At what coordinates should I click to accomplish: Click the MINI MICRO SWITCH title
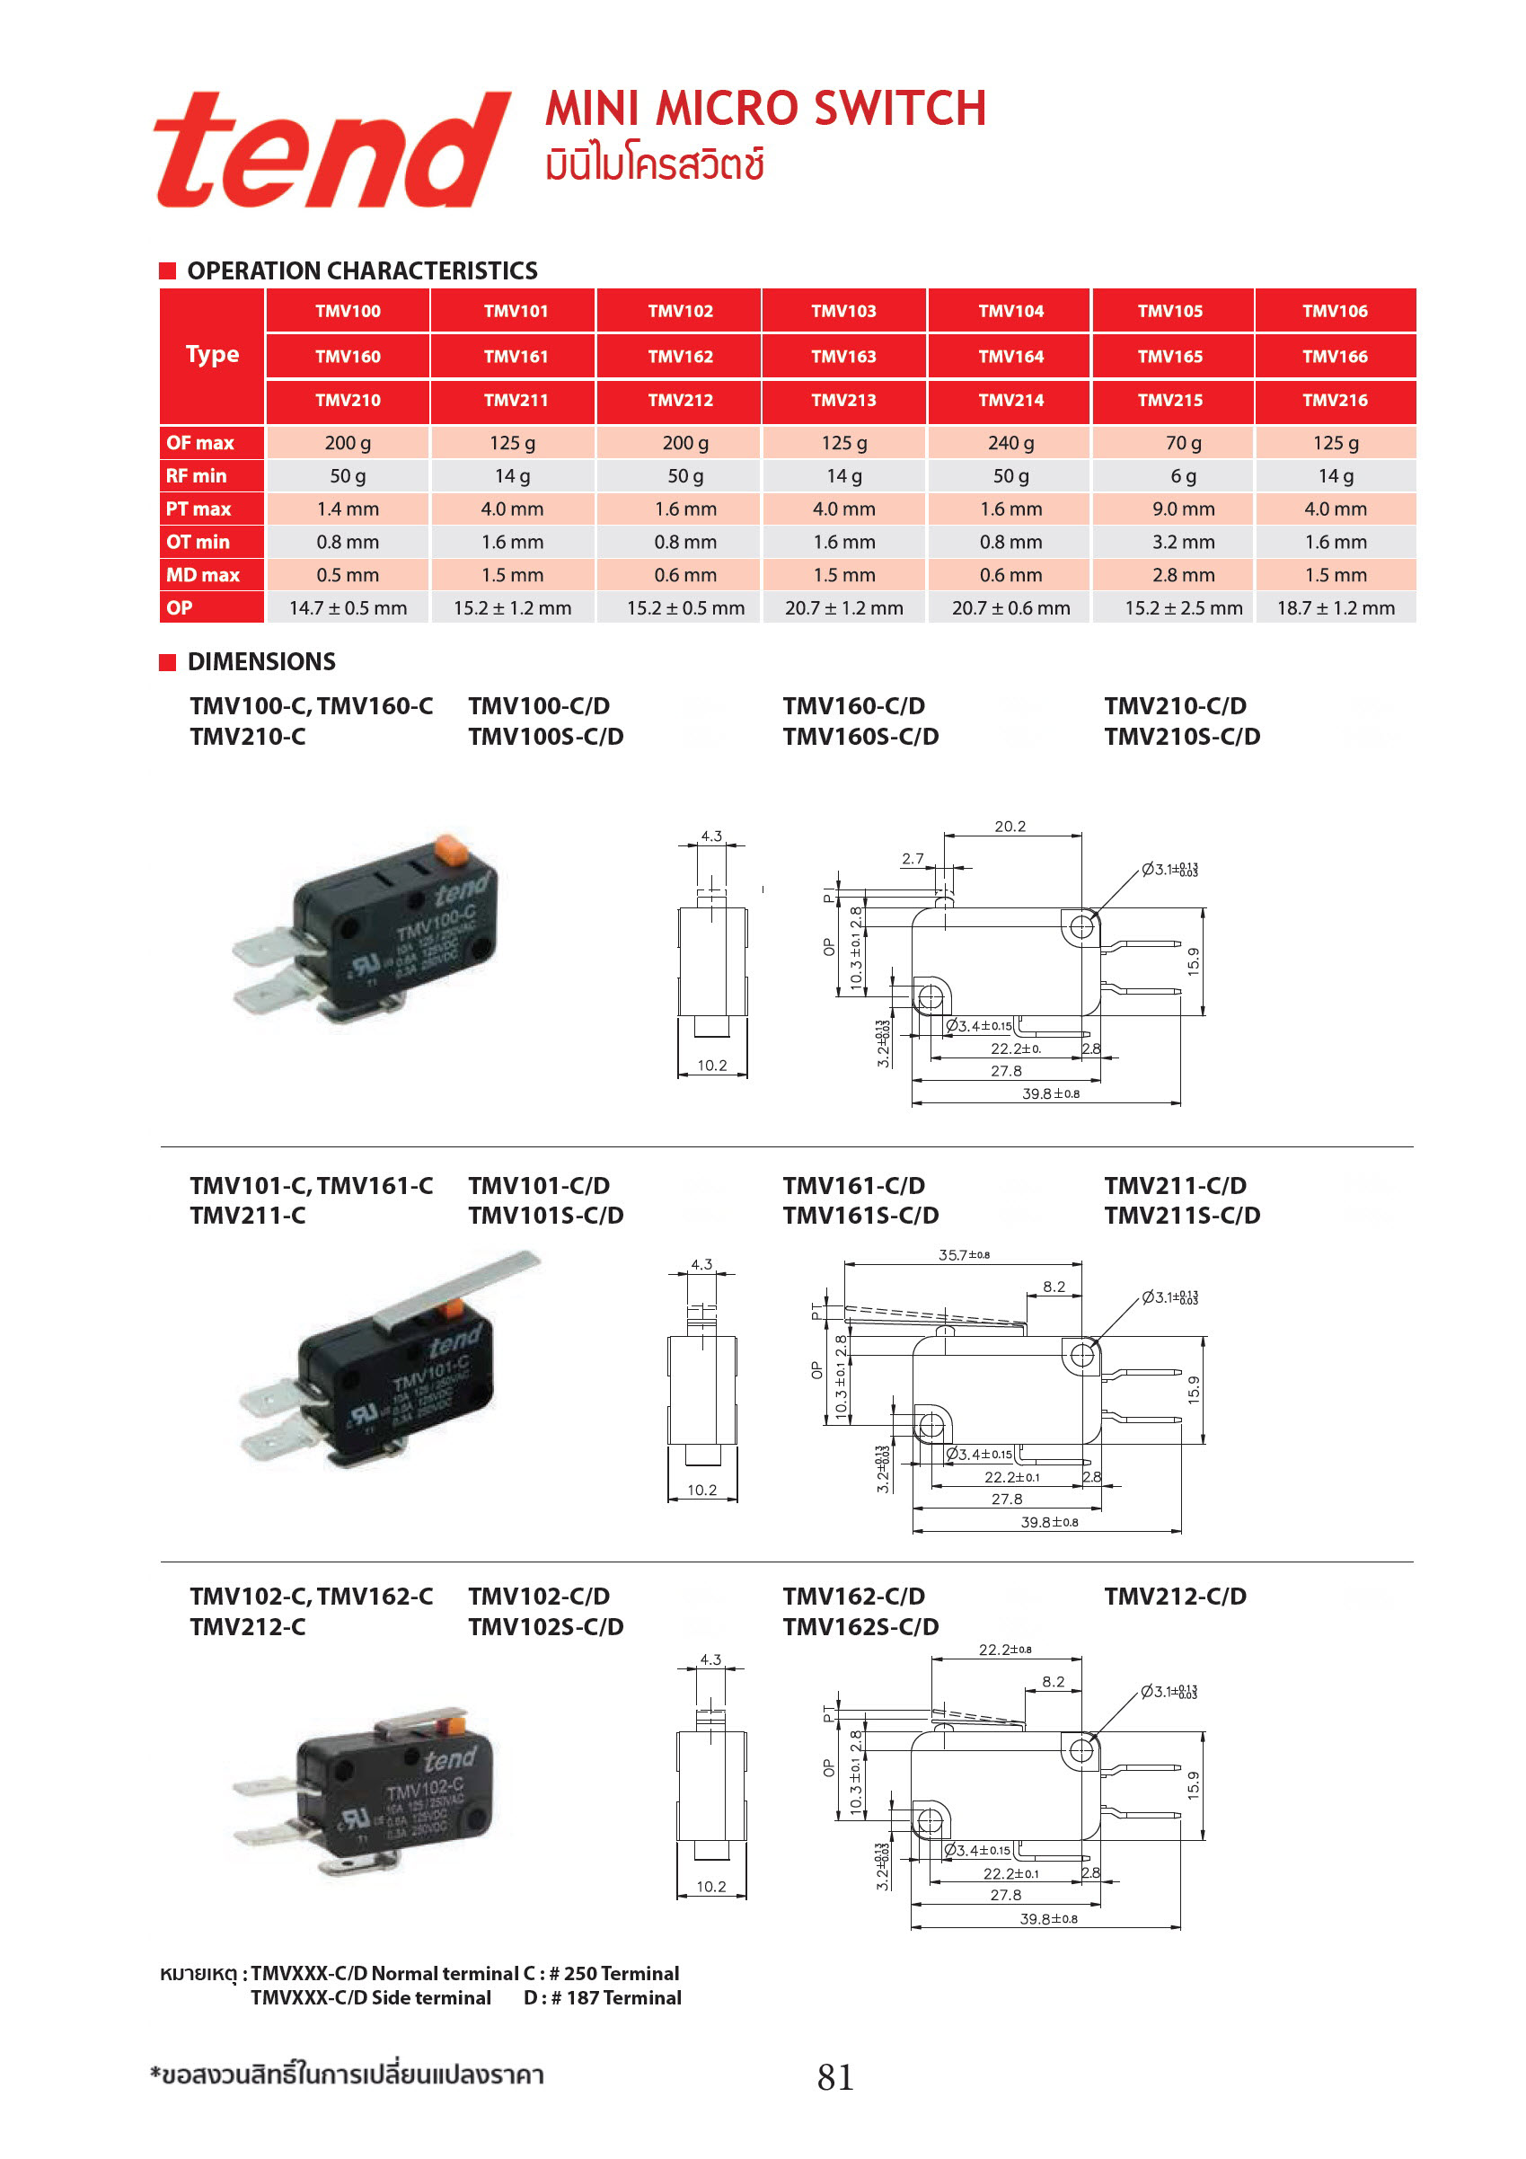[x=765, y=109]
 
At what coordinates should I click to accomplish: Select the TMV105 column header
[x=1169, y=311]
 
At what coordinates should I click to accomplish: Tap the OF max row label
[x=200, y=443]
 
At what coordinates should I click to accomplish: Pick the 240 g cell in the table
[x=1010, y=443]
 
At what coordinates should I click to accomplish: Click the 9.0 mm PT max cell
[x=1183, y=509]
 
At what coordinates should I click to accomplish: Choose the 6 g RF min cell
[x=1183, y=476]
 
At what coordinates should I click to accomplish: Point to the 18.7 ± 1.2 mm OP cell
[x=1335, y=607]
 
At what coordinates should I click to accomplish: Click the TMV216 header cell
[x=1334, y=400]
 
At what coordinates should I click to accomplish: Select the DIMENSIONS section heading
[x=261, y=662]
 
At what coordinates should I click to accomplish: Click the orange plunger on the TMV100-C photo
[x=453, y=849]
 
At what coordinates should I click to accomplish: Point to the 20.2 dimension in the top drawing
[x=1010, y=827]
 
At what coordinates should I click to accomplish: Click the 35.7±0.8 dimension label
[x=964, y=1254]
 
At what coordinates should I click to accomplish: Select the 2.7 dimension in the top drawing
[x=912, y=859]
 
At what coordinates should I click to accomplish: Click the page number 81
[x=835, y=2077]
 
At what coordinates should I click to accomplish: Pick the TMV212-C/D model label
[x=1176, y=1596]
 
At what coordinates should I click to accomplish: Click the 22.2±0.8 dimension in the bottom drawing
[x=1005, y=1650]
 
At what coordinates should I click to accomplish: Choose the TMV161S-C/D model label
[x=860, y=1215]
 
